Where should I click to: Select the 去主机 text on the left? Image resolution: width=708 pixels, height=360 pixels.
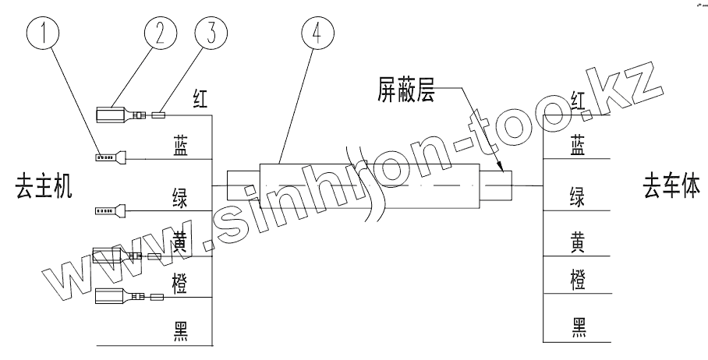[x=44, y=188]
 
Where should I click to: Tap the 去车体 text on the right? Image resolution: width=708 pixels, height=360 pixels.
[x=670, y=187]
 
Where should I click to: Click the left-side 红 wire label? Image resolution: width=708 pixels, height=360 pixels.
[x=200, y=99]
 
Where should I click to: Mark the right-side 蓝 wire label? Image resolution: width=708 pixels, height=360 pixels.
[x=579, y=146]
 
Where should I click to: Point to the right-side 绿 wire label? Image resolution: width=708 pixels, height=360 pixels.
[x=579, y=195]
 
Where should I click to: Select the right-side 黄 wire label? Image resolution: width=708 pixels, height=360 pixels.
[x=579, y=242]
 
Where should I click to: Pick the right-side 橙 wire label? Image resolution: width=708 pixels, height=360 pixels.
[x=579, y=278]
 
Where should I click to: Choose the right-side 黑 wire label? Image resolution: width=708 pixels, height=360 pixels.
[x=579, y=325]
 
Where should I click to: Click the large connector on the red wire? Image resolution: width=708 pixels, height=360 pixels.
[x=112, y=115]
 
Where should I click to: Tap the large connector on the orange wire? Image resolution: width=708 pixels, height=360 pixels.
[x=112, y=296]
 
